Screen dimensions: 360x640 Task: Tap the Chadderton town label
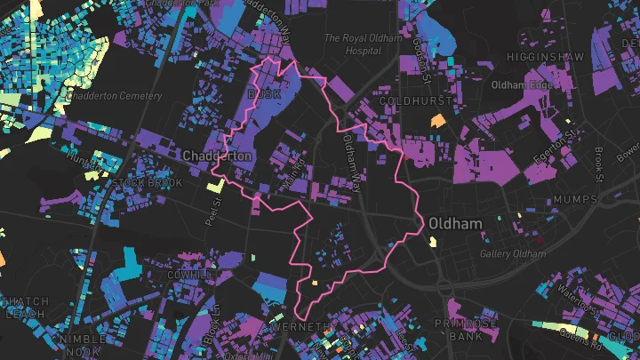tap(218, 156)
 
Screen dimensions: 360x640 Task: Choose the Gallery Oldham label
tap(511, 253)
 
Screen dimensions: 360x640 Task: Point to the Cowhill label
tap(188, 275)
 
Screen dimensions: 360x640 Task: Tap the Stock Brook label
tap(148, 182)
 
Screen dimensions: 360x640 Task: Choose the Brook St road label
tap(599, 164)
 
